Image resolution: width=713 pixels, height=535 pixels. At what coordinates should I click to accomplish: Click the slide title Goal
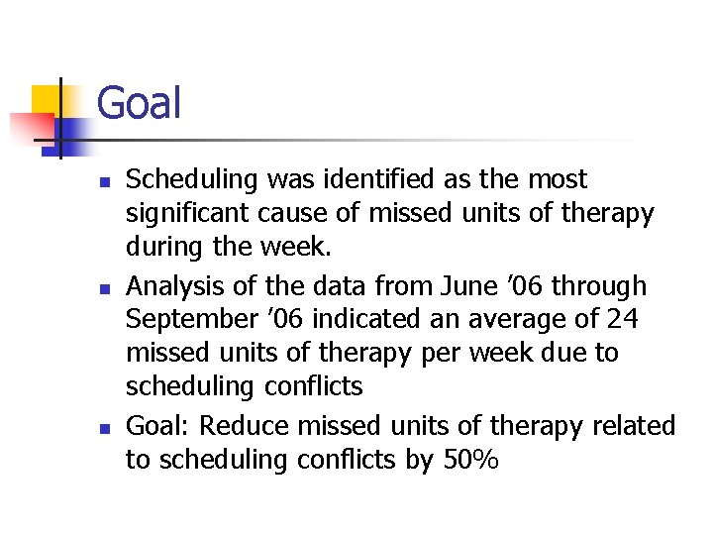[x=139, y=103]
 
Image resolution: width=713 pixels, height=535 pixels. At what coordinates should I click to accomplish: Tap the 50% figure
[x=467, y=461]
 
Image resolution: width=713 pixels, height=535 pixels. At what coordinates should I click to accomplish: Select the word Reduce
[x=244, y=426]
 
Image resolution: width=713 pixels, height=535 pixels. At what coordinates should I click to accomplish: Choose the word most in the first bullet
[x=559, y=179]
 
